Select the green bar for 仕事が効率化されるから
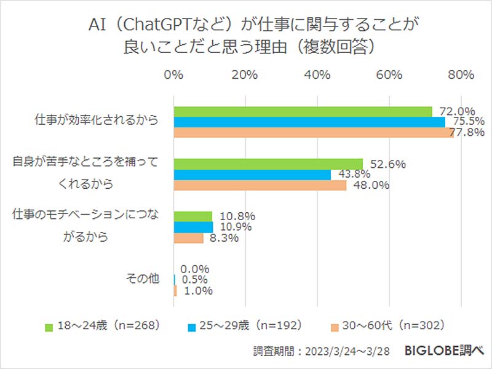pyautogui.click(x=303, y=111)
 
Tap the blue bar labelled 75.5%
pyautogui.click(x=309, y=122)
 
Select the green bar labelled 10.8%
pyautogui.click(x=193, y=216)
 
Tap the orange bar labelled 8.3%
pyautogui.click(x=189, y=238)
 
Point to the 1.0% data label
pyautogui.click(x=197, y=291)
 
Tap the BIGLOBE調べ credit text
pyautogui.click(x=445, y=351)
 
